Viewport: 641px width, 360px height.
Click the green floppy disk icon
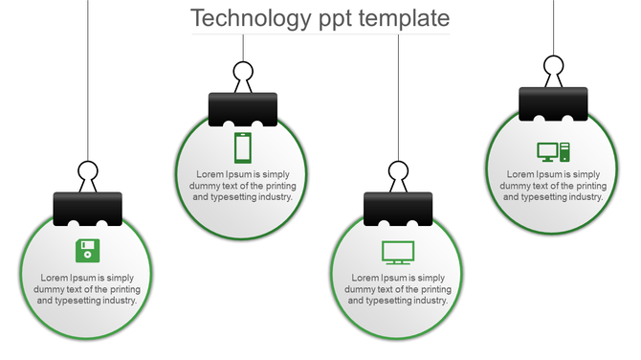[x=87, y=251]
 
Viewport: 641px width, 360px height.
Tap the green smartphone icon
[x=243, y=147]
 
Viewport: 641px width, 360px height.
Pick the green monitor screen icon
[x=398, y=252]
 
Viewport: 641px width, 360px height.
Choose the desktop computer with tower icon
[x=553, y=150]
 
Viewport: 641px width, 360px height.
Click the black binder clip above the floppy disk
[x=88, y=208]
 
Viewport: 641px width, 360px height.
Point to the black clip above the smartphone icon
[x=243, y=108]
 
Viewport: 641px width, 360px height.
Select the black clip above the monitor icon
[x=398, y=208]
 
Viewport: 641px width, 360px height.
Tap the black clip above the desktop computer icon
[x=553, y=103]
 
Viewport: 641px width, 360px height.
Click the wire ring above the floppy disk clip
[x=88, y=174]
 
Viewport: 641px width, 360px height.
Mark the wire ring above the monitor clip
[x=398, y=173]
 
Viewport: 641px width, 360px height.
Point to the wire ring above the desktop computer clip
[x=553, y=67]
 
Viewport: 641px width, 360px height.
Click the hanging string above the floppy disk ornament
[x=88, y=77]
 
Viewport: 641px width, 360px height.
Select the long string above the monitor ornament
[x=398, y=96]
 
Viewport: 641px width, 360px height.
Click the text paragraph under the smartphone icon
[x=243, y=186]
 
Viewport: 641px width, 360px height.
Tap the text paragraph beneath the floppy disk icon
[x=87, y=289]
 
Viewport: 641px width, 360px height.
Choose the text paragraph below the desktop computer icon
[x=553, y=186]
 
